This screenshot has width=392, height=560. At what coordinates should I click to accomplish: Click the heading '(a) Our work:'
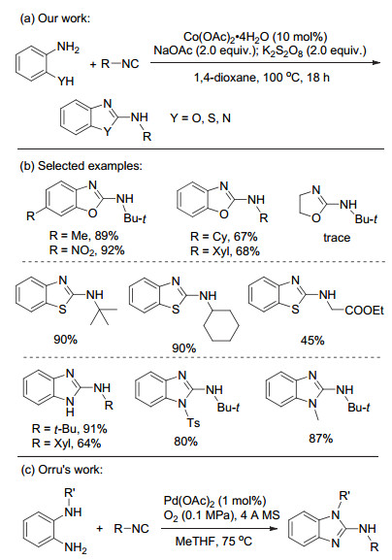[55, 18]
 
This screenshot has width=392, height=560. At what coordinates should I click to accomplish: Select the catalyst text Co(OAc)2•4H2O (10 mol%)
[255, 37]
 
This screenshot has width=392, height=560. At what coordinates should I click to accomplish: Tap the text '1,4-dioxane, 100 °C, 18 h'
[261, 77]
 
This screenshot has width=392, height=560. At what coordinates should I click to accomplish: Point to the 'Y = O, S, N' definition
[200, 117]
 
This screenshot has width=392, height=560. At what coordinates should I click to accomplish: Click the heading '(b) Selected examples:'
[81, 166]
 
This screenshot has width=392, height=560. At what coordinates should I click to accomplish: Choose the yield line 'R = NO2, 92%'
[86, 250]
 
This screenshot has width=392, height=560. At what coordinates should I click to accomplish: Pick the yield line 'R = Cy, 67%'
[223, 237]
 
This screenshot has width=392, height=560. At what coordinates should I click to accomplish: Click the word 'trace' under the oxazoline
[337, 238]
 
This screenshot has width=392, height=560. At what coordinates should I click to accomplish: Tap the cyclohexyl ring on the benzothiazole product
[221, 324]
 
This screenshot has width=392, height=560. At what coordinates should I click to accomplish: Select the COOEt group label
[364, 311]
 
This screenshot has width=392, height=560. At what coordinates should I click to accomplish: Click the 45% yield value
[312, 341]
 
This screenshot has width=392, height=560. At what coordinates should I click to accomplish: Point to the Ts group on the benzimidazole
[193, 423]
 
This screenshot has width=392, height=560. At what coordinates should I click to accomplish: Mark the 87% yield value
[320, 438]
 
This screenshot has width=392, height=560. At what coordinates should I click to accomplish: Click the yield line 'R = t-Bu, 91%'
[69, 429]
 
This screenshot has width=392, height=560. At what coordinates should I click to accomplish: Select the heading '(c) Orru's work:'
[61, 469]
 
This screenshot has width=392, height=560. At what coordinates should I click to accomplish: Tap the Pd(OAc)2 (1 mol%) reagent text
[214, 501]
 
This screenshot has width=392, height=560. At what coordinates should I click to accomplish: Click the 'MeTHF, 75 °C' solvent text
[213, 541]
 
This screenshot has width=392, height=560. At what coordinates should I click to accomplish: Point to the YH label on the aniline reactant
[66, 82]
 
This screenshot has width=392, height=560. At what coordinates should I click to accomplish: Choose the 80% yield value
[185, 442]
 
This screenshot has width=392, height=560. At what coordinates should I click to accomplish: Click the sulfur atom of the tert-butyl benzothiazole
[62, 309]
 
